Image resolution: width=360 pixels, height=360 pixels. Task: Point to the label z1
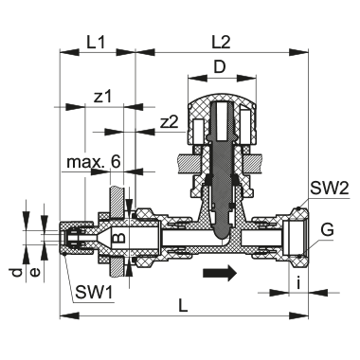(x=104, y=96)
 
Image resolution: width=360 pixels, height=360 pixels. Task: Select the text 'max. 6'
(x=94, y=163)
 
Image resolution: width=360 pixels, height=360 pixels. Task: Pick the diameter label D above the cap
(x=219, y=68)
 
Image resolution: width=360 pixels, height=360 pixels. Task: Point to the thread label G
(x=327, y=229)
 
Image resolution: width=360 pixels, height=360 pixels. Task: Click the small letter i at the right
(x=298, y=281)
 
